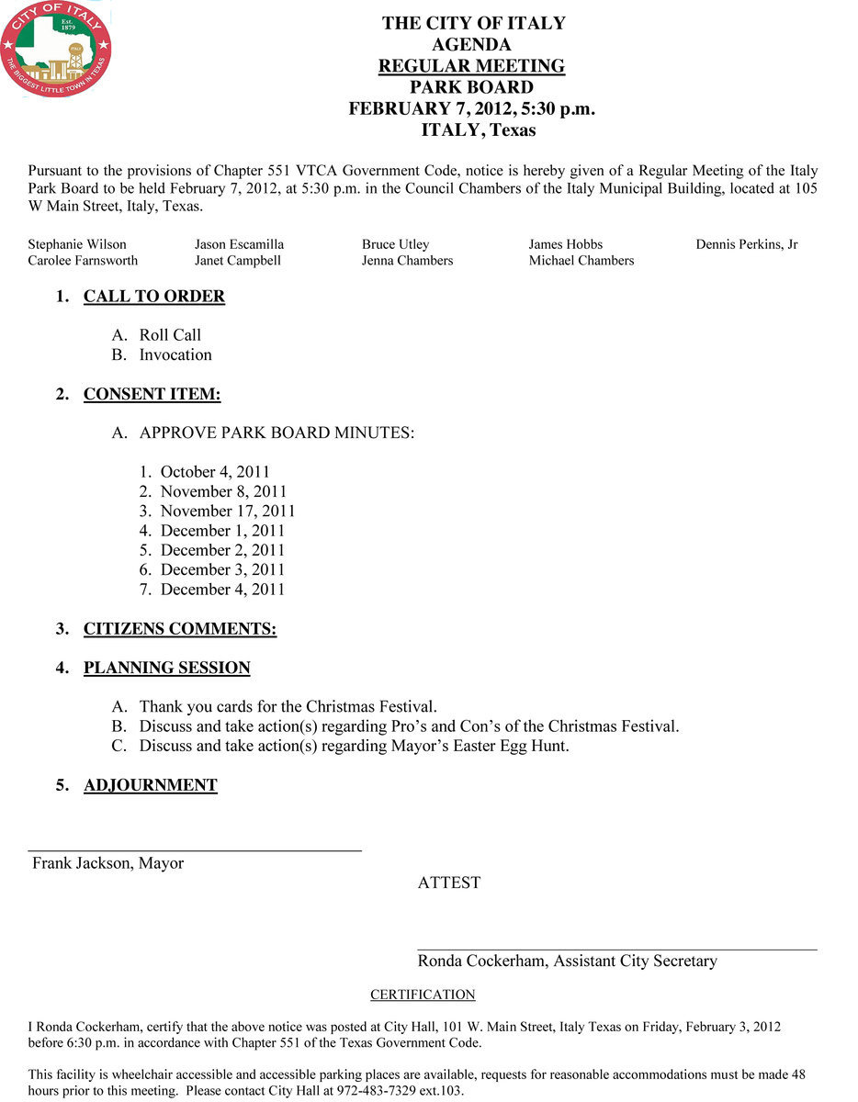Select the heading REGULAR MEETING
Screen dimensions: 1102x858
click(x=472, y=66)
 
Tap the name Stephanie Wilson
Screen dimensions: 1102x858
click(x=77, y=244)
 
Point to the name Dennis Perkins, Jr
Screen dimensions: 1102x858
click(x=747, y=244)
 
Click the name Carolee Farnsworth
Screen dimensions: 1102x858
click(x=83, y=261)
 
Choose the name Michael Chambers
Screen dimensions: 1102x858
click(x=581, y=261)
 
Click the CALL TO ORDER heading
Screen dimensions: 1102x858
click(x=154, y=297)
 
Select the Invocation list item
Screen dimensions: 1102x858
click(x=175, y=354)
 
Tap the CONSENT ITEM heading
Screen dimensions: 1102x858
click(x=152, y=395)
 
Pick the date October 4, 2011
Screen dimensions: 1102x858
click(x=215, y=472)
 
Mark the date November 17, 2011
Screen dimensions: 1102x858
click(x=228, y=512)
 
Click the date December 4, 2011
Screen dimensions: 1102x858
click(x=222, y=590)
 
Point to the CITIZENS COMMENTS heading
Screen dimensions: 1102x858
click(x=180, y=629)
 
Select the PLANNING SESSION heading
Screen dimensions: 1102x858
click(x=167, y=669)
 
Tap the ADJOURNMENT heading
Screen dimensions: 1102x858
click(x=151, y=786)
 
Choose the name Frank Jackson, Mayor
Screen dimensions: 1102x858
click(x=108, y=863)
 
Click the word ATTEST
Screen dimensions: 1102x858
click(x=449, y=883)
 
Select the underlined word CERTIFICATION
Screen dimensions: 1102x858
click(x=423, y=995)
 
